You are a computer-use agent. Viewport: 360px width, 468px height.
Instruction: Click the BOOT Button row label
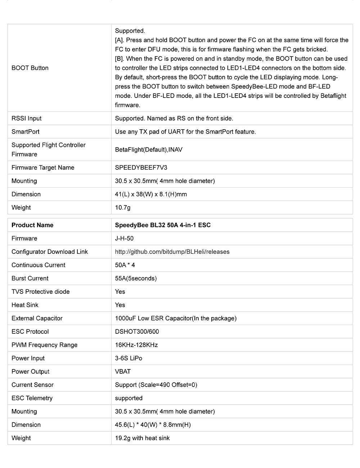(x=30, y=68)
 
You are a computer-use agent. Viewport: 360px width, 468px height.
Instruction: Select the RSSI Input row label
(x=26, y=118)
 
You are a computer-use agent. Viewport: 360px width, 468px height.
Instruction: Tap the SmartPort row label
(x=26, y=132)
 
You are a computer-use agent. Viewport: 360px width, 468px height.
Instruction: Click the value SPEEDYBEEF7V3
(x=141, y=168)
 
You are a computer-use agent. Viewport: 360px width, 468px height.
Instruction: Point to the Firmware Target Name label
(x=43, y=168)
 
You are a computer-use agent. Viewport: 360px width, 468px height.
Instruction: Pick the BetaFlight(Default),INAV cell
(x=149, y=150)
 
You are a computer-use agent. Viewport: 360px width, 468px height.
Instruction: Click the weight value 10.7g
(x=123, y=208)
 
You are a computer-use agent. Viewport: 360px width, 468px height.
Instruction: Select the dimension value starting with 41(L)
(x=151, y=194)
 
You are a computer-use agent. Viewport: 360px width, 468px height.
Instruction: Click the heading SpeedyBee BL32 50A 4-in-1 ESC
(x=163, y=225)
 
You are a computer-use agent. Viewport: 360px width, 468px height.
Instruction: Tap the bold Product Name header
(x=32, y=225)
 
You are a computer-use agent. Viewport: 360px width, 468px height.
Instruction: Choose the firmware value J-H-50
(x=124, y=239)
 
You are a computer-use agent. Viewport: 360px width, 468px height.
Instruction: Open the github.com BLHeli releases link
(x=172, y=252)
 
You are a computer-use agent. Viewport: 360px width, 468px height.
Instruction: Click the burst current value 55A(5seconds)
(x=136, y=279)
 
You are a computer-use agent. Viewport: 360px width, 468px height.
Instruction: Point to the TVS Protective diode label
(x=41, y=292)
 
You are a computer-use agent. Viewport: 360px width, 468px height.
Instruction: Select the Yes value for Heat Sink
(x=120, y=305)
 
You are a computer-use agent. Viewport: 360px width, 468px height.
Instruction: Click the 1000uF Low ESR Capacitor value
(x=176, y=319)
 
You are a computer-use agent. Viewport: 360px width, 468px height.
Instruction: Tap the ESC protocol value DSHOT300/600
(x=137, y=332)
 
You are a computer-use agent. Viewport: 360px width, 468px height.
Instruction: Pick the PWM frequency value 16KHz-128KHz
(x=136, y=345)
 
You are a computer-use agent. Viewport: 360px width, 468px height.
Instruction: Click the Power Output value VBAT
(x=123, y=372)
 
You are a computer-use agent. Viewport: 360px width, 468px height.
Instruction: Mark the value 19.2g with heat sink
(x=142, y=438)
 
